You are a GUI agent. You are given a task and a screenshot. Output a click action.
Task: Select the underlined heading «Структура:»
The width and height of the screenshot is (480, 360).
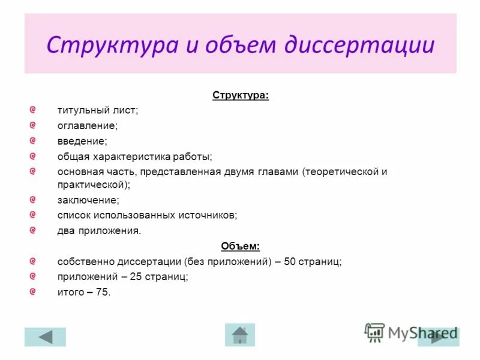click(240, 95)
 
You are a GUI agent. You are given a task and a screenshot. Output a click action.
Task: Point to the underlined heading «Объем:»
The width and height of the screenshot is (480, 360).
click(240, 246)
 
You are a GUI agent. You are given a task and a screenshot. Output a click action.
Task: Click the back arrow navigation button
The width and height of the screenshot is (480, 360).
click(45, 337)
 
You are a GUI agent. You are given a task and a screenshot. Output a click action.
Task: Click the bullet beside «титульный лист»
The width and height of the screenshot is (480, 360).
click(34, 110)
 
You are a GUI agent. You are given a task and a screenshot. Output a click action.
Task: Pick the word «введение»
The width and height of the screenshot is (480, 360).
click(82, 142)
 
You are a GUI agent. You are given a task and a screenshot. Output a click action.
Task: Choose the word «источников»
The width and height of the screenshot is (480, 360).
click(214, 215)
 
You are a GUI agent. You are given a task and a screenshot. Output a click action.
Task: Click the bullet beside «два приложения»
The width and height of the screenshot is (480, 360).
click(34, 230)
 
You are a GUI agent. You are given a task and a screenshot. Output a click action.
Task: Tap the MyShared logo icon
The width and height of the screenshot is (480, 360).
click(374, 332)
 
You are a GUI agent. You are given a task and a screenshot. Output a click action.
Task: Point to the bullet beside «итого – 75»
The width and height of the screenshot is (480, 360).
click(34, 292)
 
